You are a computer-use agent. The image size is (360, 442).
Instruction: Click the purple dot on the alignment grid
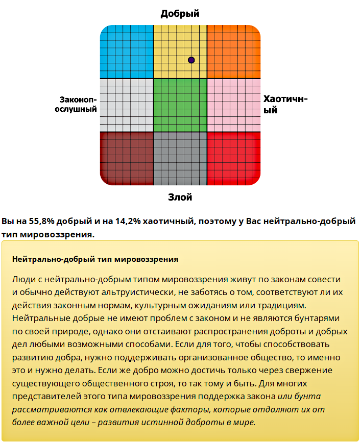tap(191, 60)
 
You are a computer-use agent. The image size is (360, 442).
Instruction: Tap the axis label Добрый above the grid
tap(180, 14)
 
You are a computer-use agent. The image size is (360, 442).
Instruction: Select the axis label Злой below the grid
tap(180, 197)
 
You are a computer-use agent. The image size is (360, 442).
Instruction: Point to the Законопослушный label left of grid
tap(76, 104)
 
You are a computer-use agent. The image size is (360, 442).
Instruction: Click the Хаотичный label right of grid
tap(285, 104)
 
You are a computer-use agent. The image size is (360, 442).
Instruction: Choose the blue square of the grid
tap(127, 51)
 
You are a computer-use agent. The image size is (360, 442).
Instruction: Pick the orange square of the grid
tap(233, 51)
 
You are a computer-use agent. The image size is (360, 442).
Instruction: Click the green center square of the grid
tap(180, 105)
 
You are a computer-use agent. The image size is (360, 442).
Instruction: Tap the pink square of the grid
tap(233, 105)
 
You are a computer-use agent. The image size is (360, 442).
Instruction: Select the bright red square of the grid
tap(233, 158)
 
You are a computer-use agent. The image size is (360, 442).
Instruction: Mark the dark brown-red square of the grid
tap(127, 158)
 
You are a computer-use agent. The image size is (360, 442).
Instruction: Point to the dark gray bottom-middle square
tap(180, 158)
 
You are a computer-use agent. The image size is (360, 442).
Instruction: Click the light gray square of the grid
tap(127, 105)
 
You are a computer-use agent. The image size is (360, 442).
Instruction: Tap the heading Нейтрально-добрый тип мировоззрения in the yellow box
tap(95, 259)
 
